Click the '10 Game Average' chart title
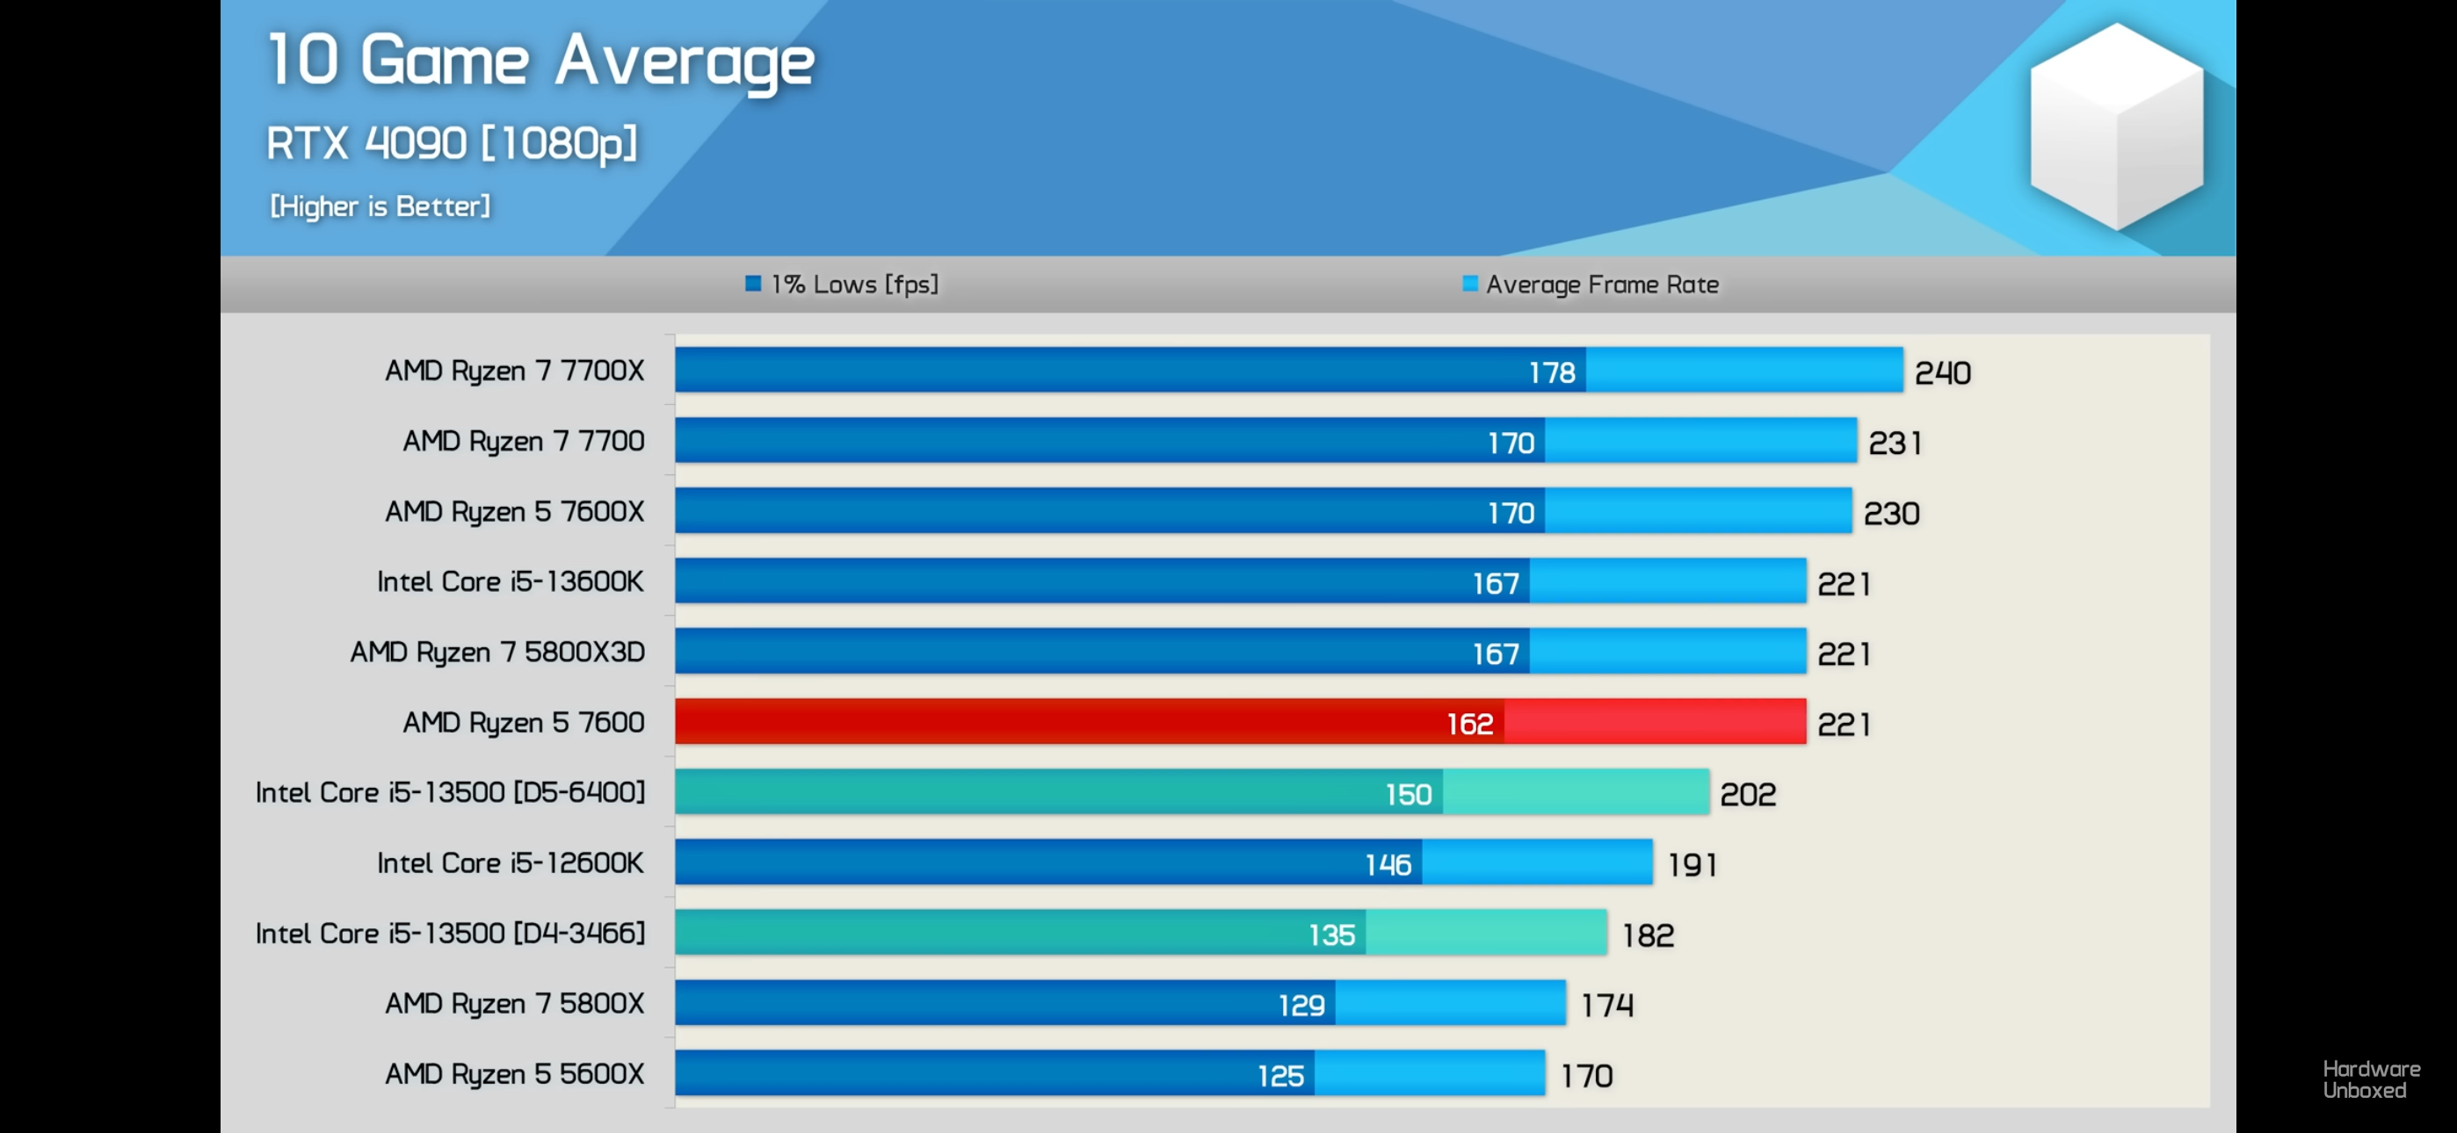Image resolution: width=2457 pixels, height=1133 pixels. pyautogui.click(x=540, y=61)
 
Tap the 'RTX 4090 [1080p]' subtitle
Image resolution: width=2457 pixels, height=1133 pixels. pyautogui.click(x=451, y=143)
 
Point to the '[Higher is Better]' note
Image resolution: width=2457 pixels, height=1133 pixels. pyautogui.click(x=380, y=206)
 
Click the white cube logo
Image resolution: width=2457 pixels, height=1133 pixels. pyautogui.click(x=2117, y=126)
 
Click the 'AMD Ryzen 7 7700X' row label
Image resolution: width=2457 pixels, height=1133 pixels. pyautogui.click(x=514, y=370)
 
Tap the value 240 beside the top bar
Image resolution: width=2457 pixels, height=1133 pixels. pyautogui.click(x=1942, y=372)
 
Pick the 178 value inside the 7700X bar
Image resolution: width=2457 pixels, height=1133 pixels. pyautogui.click(x=1552, y=372)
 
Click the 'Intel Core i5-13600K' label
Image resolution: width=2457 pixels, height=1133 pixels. pyautogui.click(x=511, y=581)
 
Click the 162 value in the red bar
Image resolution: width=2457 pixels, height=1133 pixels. pyautogui.click(x=1470, y=724)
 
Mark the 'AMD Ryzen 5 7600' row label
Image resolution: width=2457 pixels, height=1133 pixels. pyautogui.click(x=523, y=722)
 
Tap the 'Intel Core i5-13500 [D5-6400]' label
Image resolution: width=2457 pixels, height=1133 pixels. pyautogui.click(x=450, y=791)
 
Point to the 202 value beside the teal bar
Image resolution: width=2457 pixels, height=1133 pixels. pyautogui.click(x=1747, y=795)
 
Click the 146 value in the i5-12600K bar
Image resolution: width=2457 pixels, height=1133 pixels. pyautogui.click(x=1388, y=864)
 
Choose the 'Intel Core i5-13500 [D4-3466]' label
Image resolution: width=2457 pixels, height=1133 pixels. pyautogui.click(x=450, y=933)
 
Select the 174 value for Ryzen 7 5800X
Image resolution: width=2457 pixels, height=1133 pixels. pyautogui.click(x=1607, y=1005)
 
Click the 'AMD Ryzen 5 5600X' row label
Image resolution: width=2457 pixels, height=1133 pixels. pyautogui.click(x=514, y=1074)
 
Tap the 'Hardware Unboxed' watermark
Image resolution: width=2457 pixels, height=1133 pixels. pyautogui.click(x=2371, y=1079)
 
